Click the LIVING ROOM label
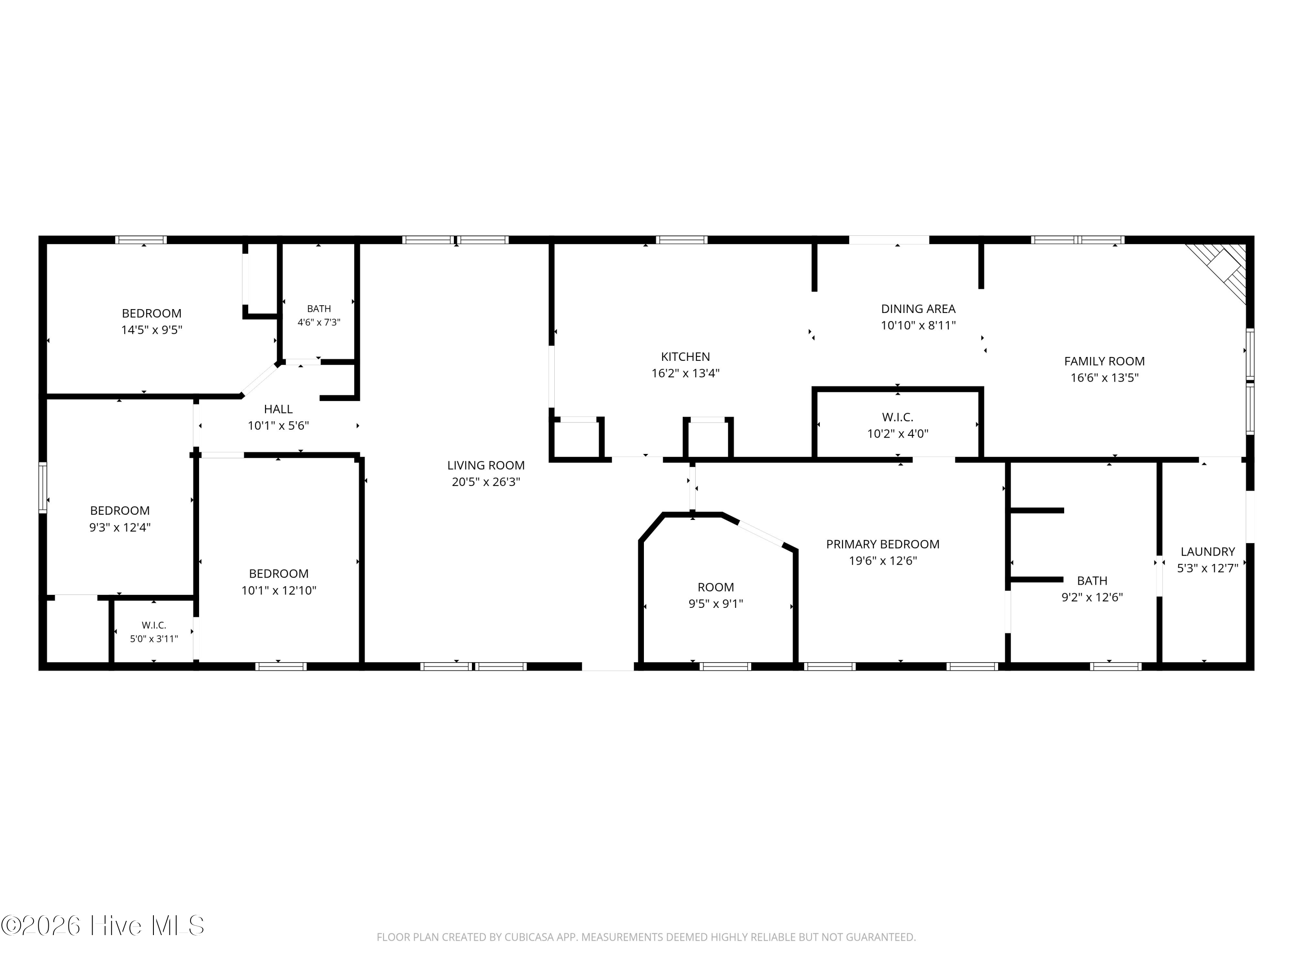[x=486, y=466]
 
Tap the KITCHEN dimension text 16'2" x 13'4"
[x=685, y=373]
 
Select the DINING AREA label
[x=918, y=309]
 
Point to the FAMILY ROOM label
[x=1104, y=361]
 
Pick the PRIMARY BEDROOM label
[x=883, y=544]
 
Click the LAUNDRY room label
[x=1208, y=551]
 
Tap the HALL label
[x=278, y=409]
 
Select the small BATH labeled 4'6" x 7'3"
[x=319, y=309]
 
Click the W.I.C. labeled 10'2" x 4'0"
[x=897, y=417]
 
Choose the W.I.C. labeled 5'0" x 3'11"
[x=154, y=626]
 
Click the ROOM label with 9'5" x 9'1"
[x=715, y=587]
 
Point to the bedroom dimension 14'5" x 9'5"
[x=151, y=330]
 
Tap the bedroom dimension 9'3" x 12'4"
[x=120, y=527]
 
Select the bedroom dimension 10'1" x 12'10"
[x=279, y=591]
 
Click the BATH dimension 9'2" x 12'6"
[x=1092, y=598]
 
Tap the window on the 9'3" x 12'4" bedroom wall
[x=43, y=488]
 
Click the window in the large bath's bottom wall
[x=1116, y=666]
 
